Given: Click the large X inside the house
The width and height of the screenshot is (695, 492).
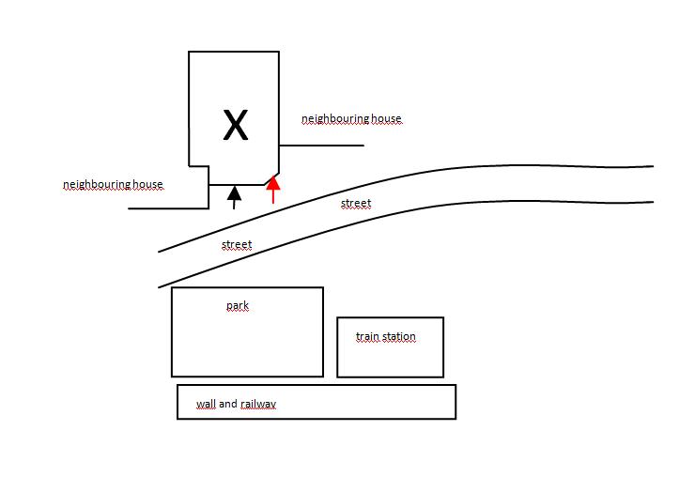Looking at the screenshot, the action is (236, 125).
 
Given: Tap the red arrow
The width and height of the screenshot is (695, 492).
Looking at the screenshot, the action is (273, 190).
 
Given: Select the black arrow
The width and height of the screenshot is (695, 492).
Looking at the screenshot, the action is (234, 198).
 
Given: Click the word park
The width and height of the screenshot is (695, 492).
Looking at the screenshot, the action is (238, 306).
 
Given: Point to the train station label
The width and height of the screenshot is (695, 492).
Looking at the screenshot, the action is (386, 336).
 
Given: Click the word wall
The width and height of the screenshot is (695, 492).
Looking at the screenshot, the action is (206, 404).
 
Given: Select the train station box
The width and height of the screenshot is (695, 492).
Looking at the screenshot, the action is (390, 347).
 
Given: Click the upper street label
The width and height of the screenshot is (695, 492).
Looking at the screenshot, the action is (356, 204).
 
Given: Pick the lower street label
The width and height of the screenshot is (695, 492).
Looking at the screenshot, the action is (237, 244).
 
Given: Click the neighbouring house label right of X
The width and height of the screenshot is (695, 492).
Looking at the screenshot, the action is (351, 119).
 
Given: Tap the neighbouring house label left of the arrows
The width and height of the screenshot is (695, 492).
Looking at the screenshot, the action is (113, 184).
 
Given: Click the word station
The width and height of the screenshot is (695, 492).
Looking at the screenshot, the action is (398, 336).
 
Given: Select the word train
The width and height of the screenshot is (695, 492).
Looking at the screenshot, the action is (367, 336).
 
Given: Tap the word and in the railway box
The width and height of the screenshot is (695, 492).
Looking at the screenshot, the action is (228, 404).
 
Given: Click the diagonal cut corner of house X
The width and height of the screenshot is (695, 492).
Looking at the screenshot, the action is (271, 178).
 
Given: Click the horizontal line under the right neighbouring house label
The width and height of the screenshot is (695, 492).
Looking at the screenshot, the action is (322, 146).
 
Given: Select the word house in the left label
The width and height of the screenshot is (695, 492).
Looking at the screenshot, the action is (147, 184).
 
